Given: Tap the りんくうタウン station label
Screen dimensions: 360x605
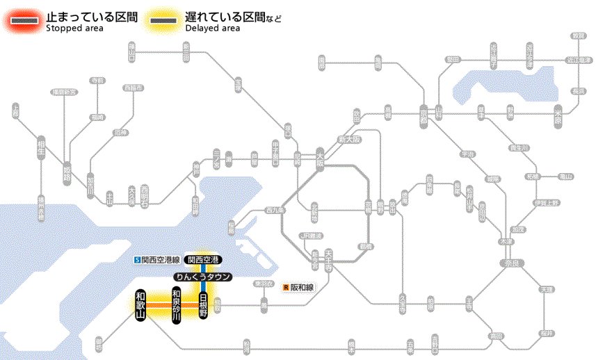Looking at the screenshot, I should (203, 277).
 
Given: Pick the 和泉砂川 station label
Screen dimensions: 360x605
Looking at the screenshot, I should (177, 306).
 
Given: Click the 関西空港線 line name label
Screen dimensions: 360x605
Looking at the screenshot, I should (161, 260).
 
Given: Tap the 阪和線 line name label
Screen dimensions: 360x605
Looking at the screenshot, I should (302, 286).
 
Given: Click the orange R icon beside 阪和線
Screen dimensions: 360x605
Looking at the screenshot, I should (286, 286).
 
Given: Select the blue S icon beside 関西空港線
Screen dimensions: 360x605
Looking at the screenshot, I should (138, 260).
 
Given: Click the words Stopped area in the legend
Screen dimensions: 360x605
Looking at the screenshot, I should (74, 28).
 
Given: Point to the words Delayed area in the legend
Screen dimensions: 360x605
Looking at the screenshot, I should (213, 28).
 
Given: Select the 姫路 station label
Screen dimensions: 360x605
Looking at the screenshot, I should (67, 170).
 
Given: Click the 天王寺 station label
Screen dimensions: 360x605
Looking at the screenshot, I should (328, 259).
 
